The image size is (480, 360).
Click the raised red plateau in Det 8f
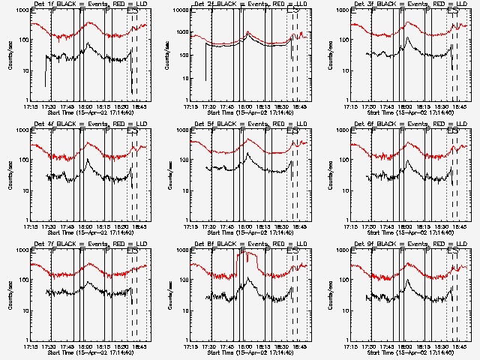click(x=248, y=255)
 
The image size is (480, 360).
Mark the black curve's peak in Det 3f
click(x=407, y=38)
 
